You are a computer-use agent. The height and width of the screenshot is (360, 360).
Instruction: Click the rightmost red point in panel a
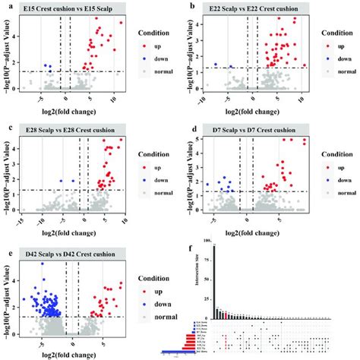(120, 23)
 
